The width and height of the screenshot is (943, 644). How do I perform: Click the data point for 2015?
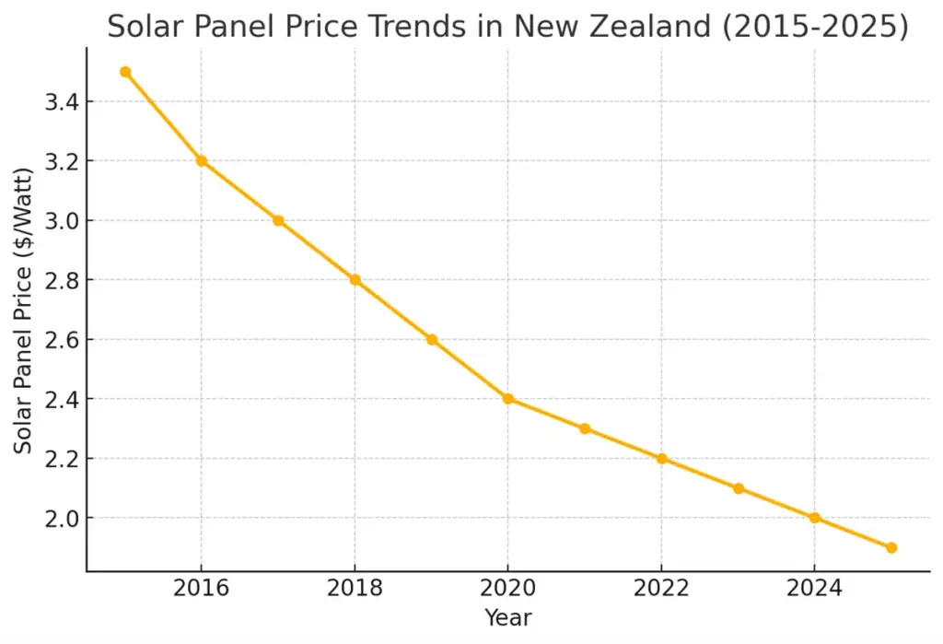tap(125, 72)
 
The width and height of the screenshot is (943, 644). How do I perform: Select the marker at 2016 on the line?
tap(202, 161)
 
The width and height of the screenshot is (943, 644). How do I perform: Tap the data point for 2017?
tap(278, 220)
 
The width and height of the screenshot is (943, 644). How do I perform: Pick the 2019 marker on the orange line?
tap(431, 339)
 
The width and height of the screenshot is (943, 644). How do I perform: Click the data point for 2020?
tap(507, 399)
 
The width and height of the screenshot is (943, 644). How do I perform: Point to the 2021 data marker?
tap(585, 428)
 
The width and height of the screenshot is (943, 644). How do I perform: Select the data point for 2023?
tap(738, 488)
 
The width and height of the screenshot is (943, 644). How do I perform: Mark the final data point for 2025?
tap(891, 547)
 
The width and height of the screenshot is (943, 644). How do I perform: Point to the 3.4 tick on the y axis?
tap(60, 102)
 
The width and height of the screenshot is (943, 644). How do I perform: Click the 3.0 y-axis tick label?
tap(60, 221)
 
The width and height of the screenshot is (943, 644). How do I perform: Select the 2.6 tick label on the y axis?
tap(60, 340)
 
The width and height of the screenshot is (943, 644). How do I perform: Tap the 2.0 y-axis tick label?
tap(60, 519)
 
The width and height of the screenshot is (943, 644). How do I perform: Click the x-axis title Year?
tap(507, 618)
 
